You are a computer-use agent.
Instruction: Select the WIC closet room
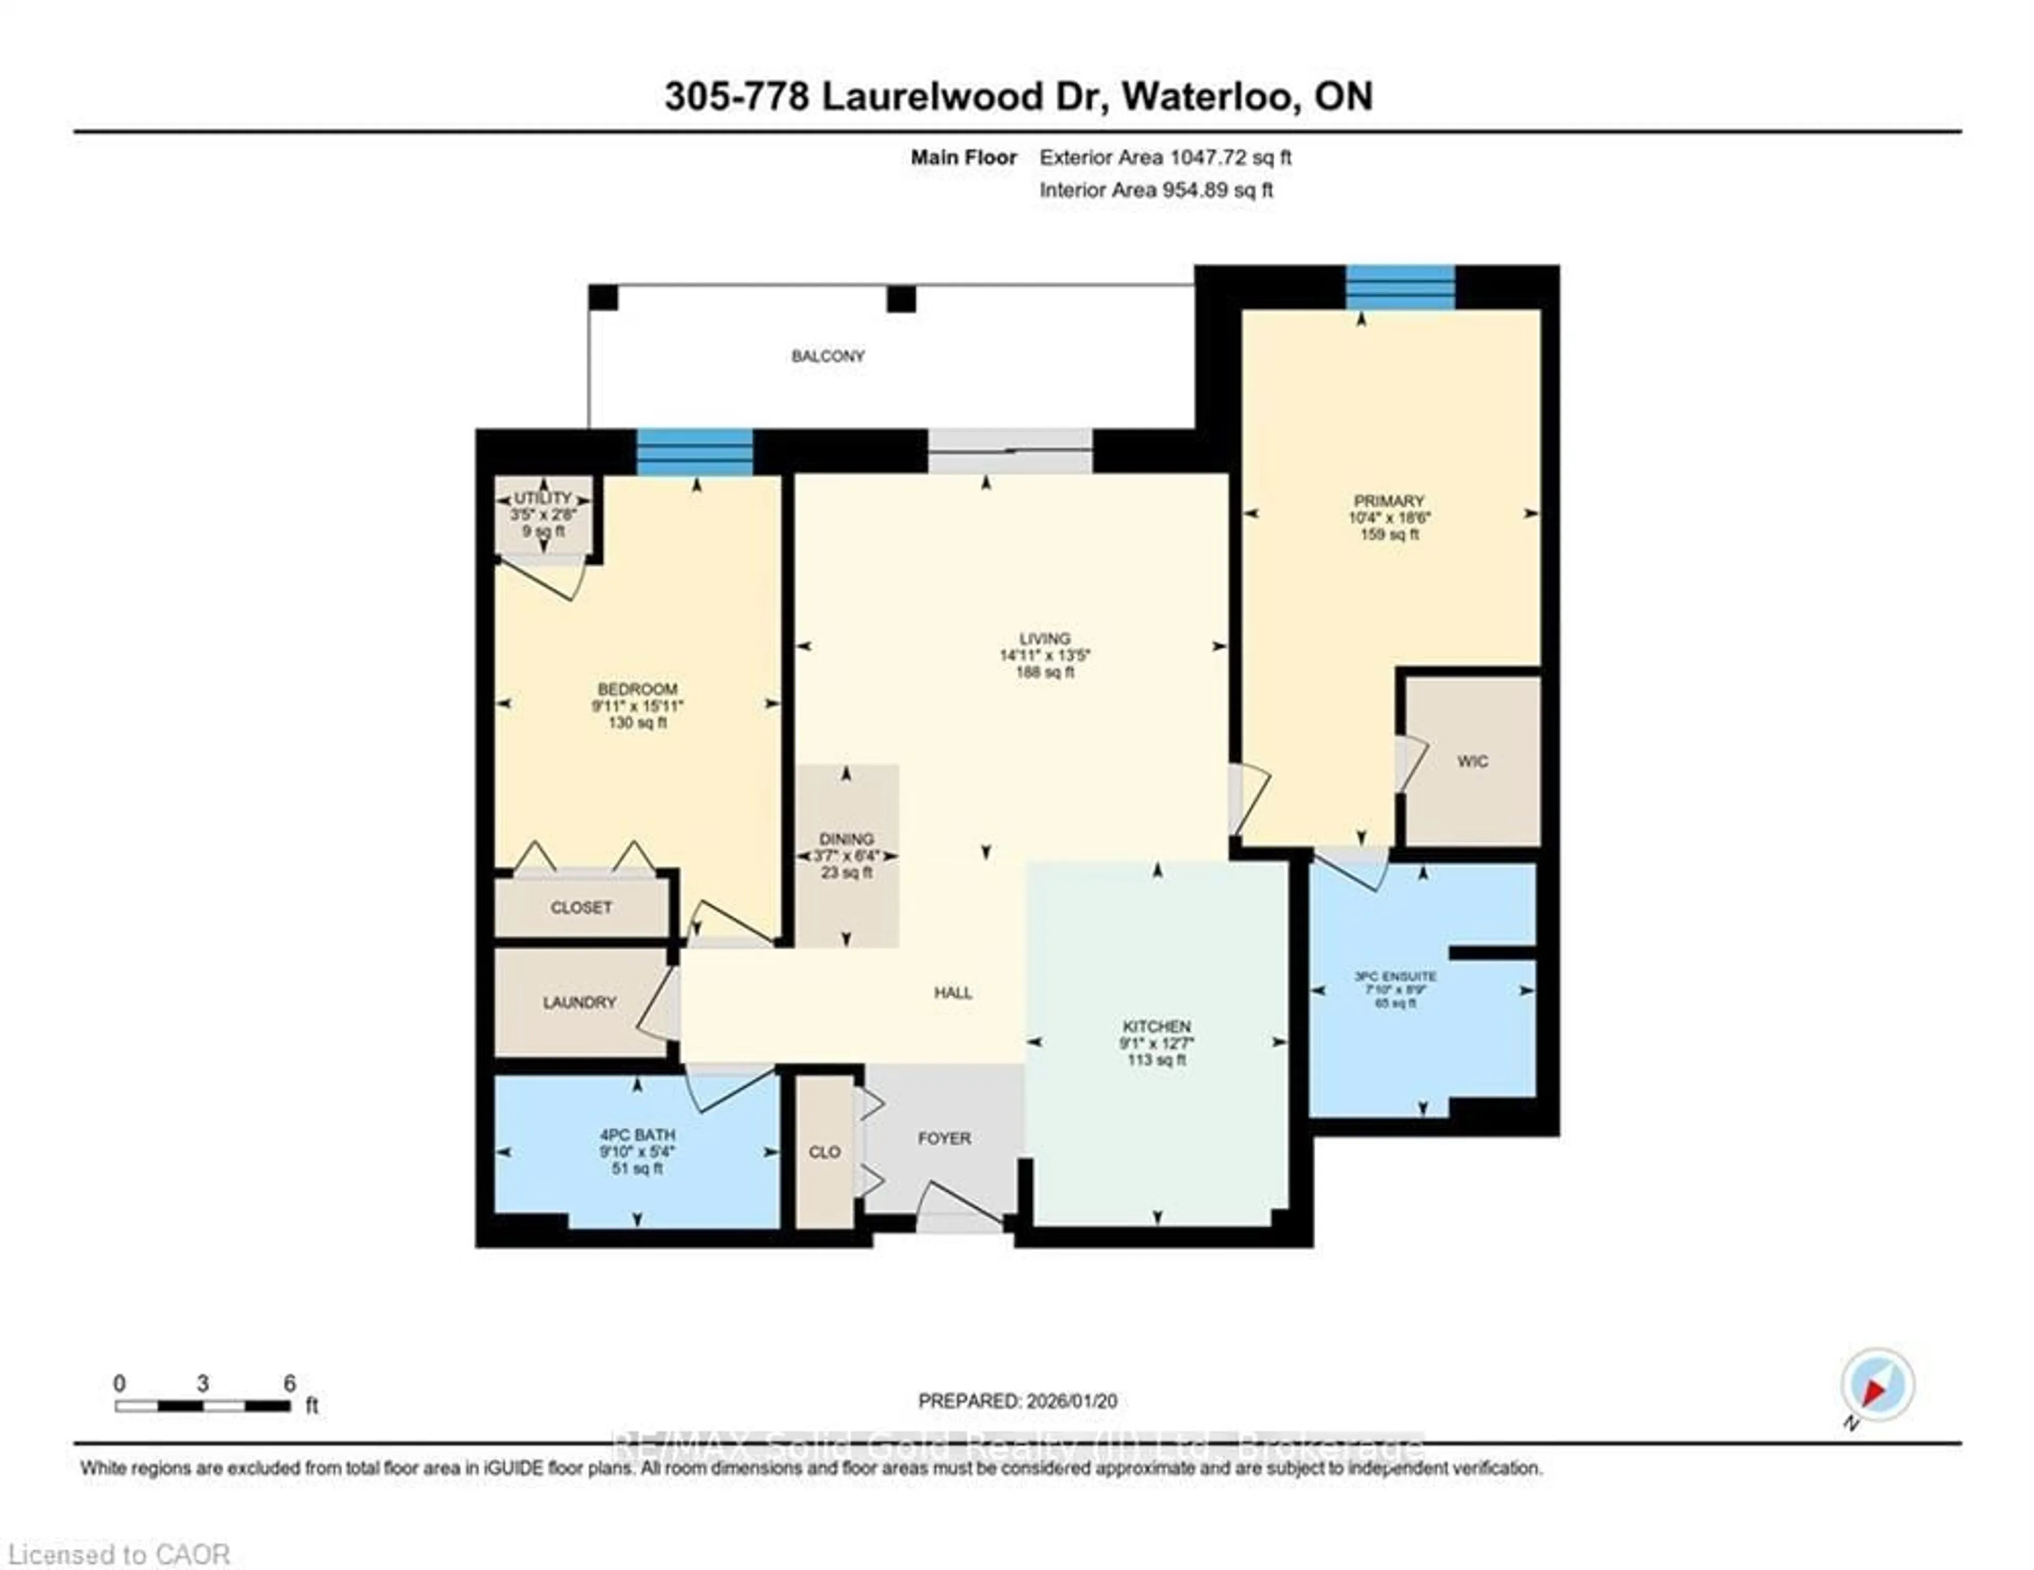click(1471, 761)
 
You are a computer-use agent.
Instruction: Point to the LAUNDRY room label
click(579, 1002)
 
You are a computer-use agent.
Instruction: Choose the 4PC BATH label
click(637, 1135)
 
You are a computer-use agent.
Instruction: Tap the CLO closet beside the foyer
click(824, 1152)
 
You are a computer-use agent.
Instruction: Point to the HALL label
click(953, 993)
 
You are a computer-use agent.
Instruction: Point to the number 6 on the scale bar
click(290, 1383)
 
